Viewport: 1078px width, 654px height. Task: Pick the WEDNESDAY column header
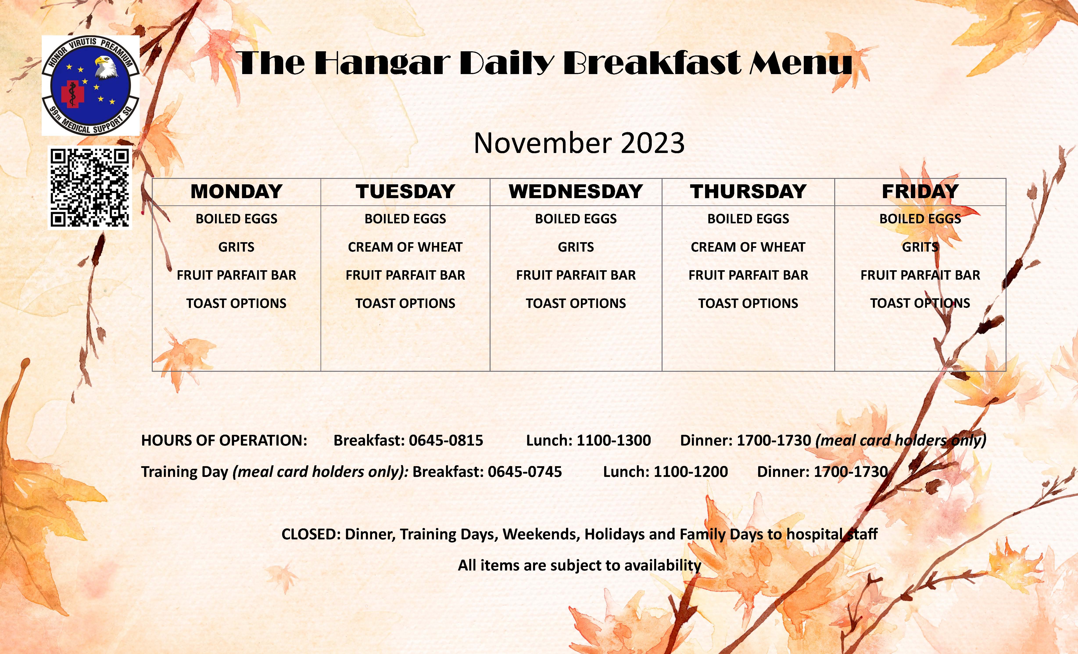click(x=576, y=192)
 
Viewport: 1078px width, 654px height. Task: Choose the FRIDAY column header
click(x=920, y=192)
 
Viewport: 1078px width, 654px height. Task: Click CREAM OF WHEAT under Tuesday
click(x=405, y=247)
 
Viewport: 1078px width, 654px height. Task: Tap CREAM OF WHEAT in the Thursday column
click(x=748, y=247)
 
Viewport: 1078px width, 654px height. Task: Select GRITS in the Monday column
click(x=236, y=247)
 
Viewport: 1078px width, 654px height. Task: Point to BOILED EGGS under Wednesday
click(x=576, y=219)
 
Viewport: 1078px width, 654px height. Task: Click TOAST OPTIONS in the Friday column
click(x=920, y=303)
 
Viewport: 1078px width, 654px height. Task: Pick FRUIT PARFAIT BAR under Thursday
click(x=748, y=275)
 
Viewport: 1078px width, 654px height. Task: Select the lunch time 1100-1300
click(x=614, y=440)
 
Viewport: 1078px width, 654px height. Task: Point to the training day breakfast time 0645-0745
click(x=525, y=472)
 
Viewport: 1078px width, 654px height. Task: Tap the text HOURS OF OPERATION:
click(x=224, y=440)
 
